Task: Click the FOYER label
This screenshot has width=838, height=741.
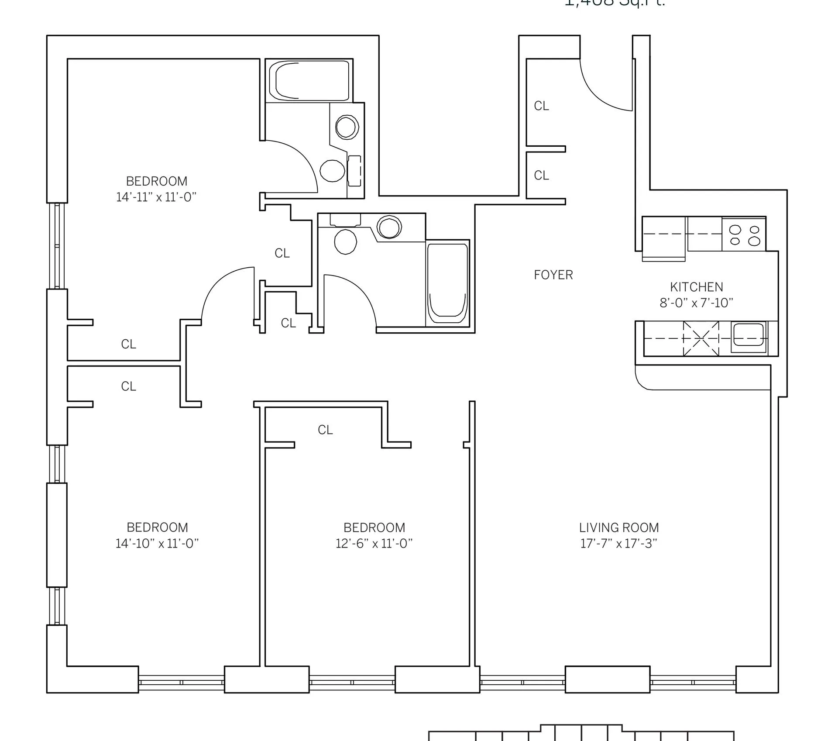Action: click(553, 275)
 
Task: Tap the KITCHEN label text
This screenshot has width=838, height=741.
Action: click(696, 287)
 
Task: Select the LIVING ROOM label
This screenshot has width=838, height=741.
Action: click(618, 527)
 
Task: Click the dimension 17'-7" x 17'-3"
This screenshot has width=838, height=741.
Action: click(618, 544)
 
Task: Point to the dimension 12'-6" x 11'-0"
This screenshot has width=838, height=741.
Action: click(374, 544)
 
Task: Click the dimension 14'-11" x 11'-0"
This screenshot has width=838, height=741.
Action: click(156, 197)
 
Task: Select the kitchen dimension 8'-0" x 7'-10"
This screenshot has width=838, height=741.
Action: click(696, 303)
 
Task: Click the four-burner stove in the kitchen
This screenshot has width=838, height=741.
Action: click(744, 235)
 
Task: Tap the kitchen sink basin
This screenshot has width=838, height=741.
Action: click(749, 337)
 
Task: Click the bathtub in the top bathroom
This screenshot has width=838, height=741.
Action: click(309, 81)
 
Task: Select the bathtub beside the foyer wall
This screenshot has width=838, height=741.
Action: click(447, 283)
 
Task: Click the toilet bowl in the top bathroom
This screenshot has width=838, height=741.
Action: click(332, 170)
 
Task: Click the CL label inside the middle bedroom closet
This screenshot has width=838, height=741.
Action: click(325, 430)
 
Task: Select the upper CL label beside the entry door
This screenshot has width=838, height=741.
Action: click(541, 106)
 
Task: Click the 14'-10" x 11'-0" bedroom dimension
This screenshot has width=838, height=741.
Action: click(157, 544)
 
